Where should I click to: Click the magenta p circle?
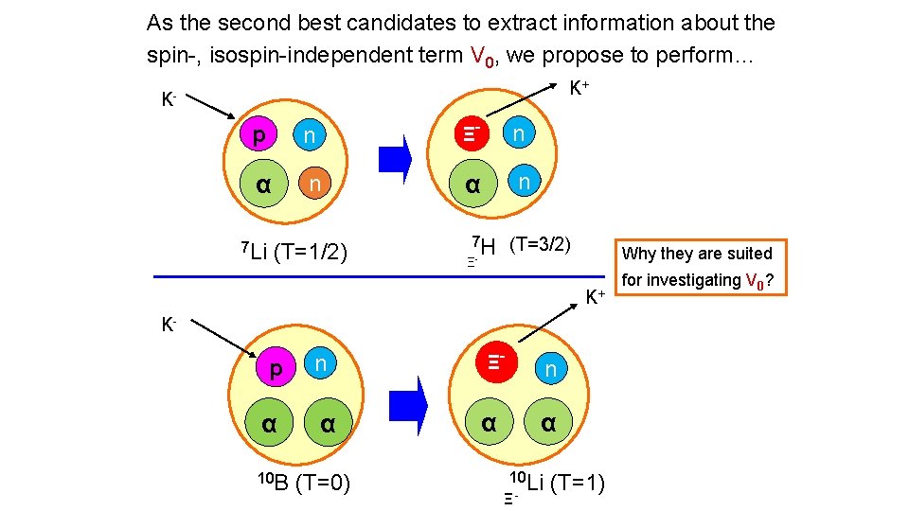click(258, 135)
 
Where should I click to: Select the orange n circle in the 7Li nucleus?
click(314, 183)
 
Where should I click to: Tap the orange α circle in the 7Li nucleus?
click(262, 183)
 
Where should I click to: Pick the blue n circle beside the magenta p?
click(310, 136)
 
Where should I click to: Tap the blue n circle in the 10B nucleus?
click(321, 363)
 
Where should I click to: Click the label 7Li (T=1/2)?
click(294, 252)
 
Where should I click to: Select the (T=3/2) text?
click(541, 243)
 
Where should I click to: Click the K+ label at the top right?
click(579, 88)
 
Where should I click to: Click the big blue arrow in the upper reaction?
click(396, 159)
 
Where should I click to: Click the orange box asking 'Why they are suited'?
click(704, 267)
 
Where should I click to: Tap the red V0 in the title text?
click(481, 56)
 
